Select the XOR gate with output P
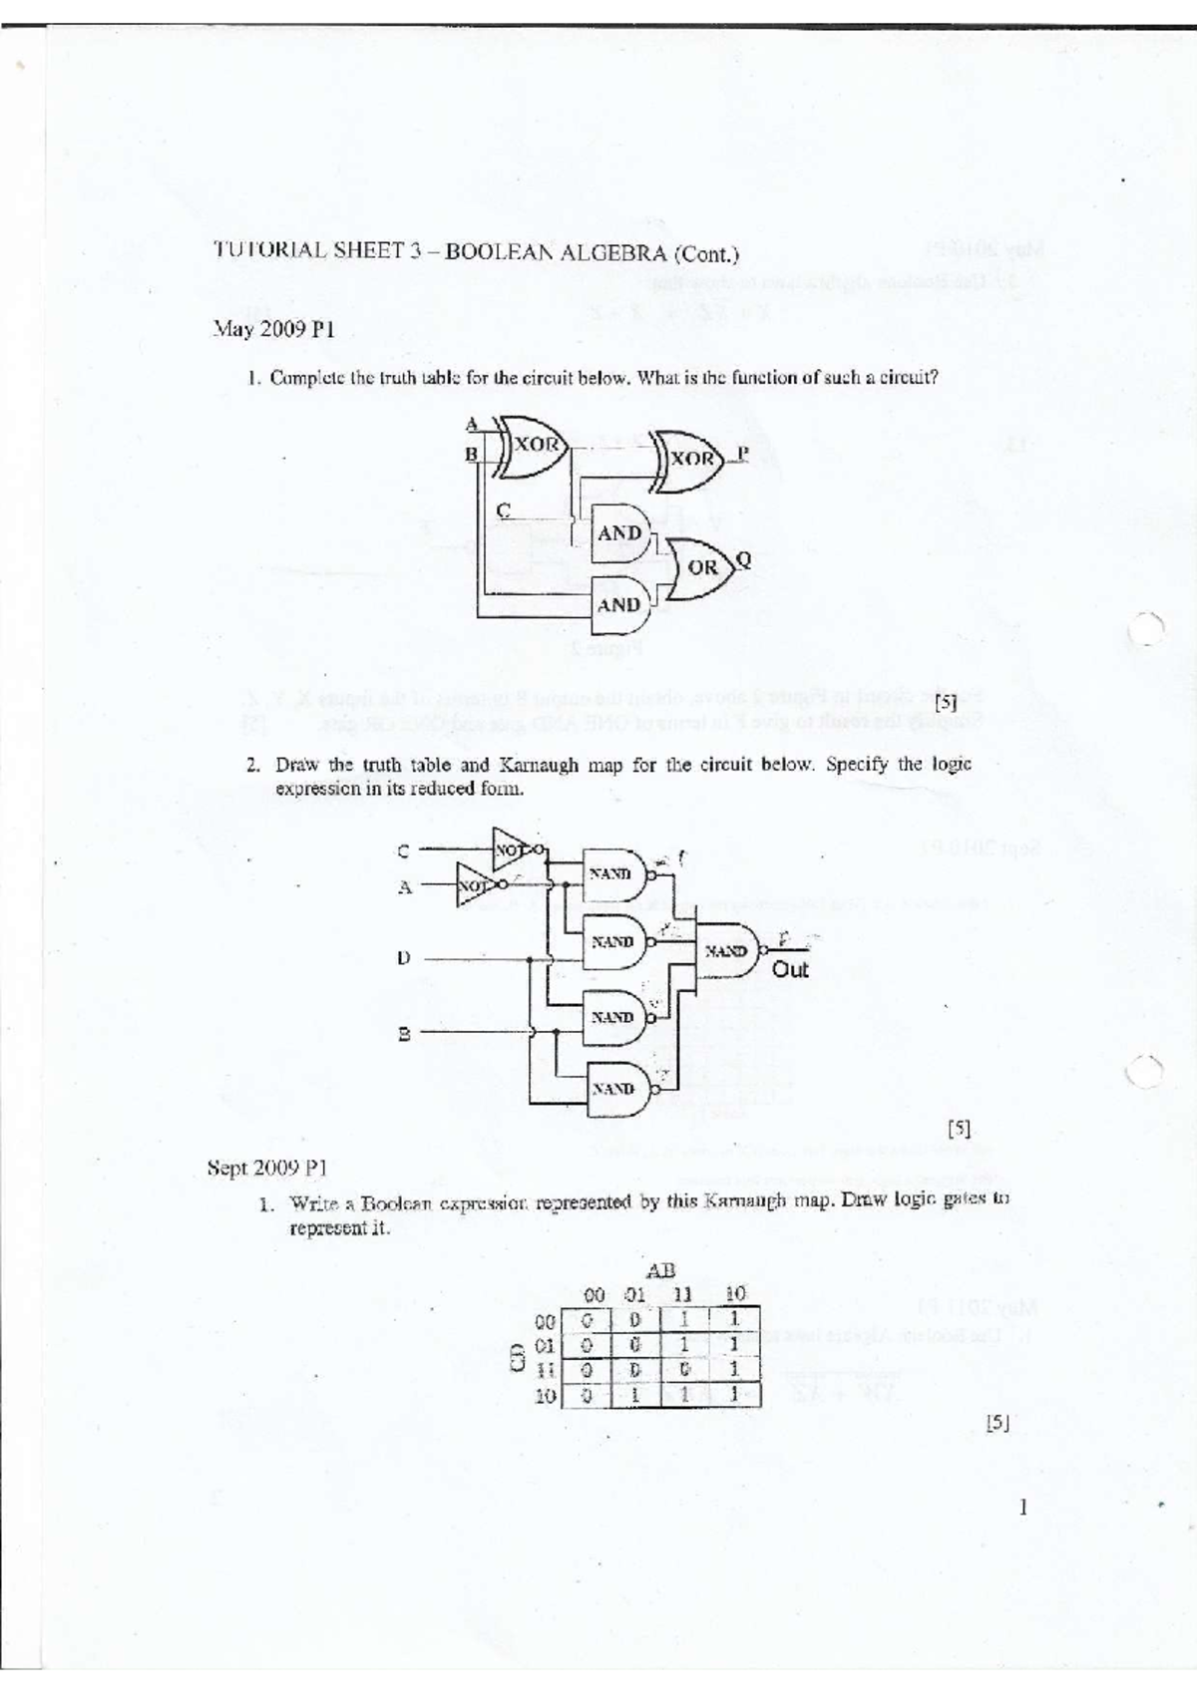[x=689, y=459]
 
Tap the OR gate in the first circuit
[x=701, y=566]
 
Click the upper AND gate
[x=619, y=533]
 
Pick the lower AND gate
[x=619, y=604]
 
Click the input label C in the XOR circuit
[x=504, y=509]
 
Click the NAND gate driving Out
[x=727, y=951]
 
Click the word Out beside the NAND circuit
[x=790, y=969]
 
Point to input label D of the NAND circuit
[x=403, y=958]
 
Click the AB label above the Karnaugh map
[x=661, y=1270]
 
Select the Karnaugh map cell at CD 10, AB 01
[x=635, y=1396]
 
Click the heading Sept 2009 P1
[x=266, y=1167]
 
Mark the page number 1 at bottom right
[x=1022, y=1507]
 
